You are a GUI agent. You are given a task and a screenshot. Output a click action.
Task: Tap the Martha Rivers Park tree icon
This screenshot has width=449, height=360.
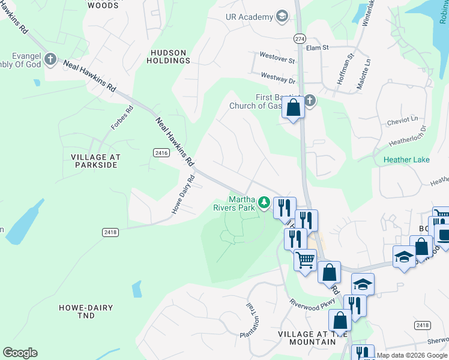click(x=264, y=203)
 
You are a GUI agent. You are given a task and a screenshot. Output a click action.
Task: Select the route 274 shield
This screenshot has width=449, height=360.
click(x=299, y=38)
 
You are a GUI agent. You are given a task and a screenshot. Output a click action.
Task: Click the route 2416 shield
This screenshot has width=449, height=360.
click(x=160, y=154)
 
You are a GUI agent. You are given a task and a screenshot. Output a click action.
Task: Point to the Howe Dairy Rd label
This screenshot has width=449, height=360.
click(x=183, y=194)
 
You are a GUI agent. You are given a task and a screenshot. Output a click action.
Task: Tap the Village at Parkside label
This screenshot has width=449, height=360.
click(x=95, y=161)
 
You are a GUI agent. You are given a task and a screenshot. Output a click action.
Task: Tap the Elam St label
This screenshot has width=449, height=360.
click(x=318, y=47)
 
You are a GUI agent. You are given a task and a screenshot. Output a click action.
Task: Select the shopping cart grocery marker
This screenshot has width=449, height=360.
click(x=305, y=260)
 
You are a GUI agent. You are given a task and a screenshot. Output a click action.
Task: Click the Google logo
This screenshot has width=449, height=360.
click(x=20, y=353)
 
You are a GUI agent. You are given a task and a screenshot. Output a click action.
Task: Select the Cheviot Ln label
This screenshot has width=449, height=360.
click(x=403, y=119)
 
